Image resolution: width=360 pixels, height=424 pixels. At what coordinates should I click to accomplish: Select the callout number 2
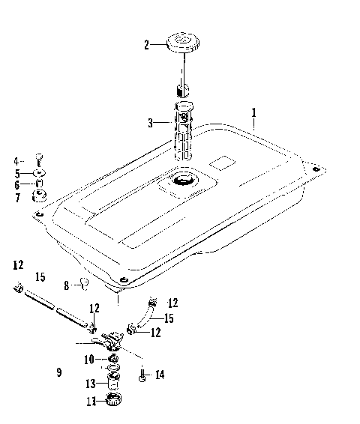[148, 45]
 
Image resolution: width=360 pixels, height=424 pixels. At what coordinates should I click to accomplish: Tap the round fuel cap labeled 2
[183, 41]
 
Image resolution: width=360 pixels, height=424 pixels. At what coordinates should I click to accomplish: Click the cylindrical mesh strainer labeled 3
[184, 133]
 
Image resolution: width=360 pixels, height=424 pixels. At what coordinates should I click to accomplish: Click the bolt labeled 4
[40, 160]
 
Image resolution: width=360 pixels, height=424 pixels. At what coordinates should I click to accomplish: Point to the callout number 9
[58, 372]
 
